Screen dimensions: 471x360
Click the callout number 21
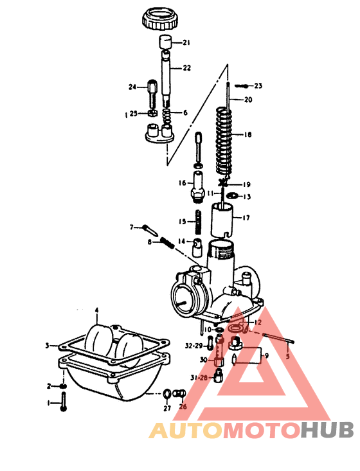(186, 43)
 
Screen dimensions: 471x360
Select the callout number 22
(186, 67)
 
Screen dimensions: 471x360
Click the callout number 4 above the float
(97, 310)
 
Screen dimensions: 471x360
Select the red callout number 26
(182, 406)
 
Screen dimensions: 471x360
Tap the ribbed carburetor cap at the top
(161, 19)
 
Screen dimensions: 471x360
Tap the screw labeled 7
(148, 229)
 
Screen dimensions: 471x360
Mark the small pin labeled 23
(243, 85)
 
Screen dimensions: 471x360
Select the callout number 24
(133, 87)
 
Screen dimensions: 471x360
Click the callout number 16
(183, 182)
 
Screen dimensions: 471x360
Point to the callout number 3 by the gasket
(47, 346)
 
